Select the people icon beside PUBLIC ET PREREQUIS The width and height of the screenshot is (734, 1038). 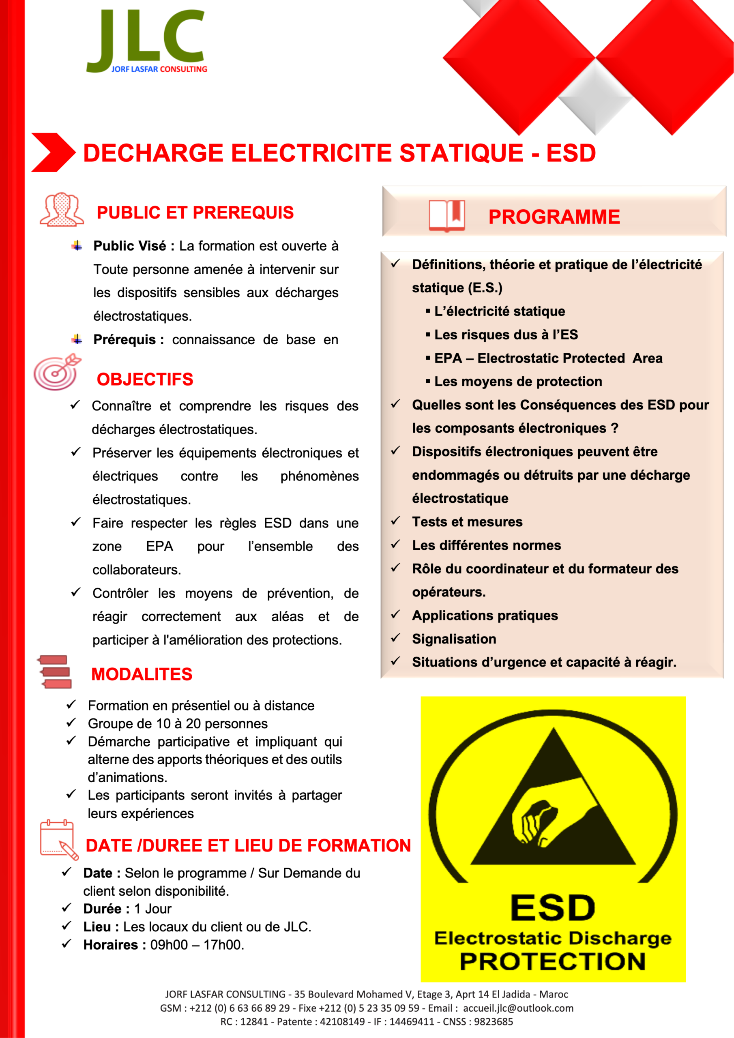(x=62, y=210)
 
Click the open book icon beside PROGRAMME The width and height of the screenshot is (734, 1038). (x=446, y=216)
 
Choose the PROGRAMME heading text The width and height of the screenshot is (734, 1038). (x=554, y=217)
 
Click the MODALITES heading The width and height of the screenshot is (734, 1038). (x=142, y=674)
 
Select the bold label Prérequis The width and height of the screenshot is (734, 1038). (x=124, y=339)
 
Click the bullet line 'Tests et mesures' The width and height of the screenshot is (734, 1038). (x=467, y=522)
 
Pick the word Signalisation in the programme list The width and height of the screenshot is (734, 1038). (x=454, y=639)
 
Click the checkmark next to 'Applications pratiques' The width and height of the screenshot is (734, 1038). (x=396, y=614)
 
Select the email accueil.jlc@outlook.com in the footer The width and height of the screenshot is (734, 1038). (x=518, y=1008)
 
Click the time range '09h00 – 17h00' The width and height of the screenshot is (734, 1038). (x=197, y=944)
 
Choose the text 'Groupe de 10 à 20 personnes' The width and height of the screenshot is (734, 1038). (x=178, y=724)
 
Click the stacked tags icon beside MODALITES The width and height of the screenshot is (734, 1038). (x=55, y=672)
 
